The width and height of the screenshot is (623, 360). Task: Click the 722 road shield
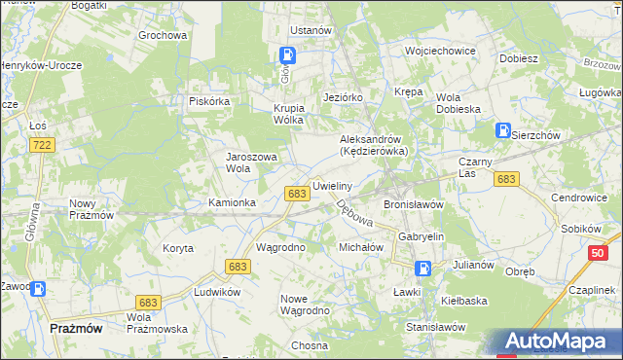41,145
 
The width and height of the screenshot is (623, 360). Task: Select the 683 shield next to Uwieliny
298,195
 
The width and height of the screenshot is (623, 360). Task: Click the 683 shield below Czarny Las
505,179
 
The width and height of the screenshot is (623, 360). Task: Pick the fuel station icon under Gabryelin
423,268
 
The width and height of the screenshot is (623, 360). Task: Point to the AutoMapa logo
559,342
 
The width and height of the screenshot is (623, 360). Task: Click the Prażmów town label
75,329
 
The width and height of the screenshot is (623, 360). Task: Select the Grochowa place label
163,35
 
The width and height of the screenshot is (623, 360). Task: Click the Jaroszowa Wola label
252,162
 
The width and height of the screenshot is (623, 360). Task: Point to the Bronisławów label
414,205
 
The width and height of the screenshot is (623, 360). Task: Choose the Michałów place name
362,248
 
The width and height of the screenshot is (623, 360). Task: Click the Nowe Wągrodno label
305,305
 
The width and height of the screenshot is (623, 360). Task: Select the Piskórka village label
208,100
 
